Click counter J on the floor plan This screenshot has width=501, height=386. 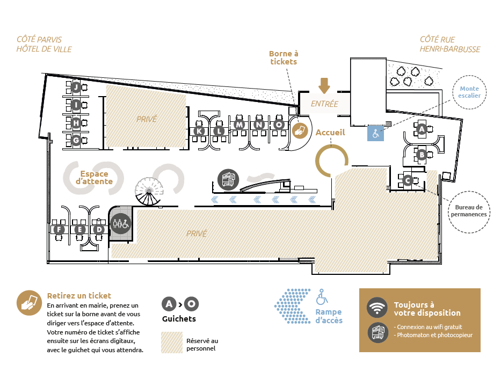pos(76,87)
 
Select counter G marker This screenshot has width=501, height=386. pos(76,141)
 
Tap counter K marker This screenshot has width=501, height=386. pos(199,131)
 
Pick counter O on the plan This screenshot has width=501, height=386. pos(279,125)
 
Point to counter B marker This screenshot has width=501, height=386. pos(422,155)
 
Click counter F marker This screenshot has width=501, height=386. pos(59,230)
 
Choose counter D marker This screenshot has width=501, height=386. pos(99,230)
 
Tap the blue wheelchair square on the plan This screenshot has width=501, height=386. pos(375,134)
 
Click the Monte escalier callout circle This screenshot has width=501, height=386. pos(469,92)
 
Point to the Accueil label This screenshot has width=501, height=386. pos(330,132)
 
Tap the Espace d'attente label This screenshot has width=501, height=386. pos(94,178)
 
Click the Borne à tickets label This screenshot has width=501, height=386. pos(283,57)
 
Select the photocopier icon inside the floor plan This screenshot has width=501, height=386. pos(228,179)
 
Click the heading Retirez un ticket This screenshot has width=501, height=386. pos(79,295)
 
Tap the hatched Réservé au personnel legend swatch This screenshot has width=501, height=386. pos(172,342)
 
